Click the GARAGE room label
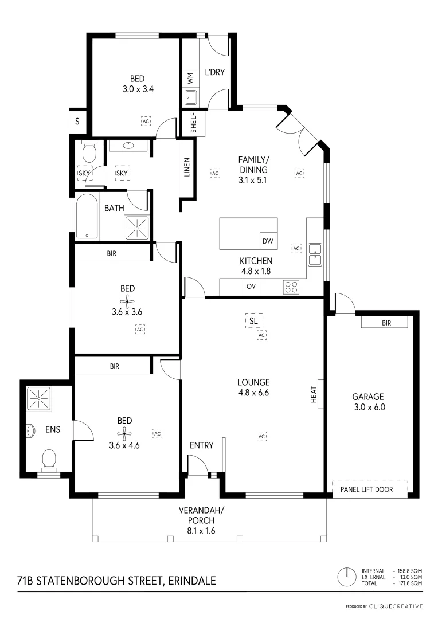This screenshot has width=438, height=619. tap(367, 397)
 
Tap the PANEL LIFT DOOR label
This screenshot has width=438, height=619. tap(370, 489)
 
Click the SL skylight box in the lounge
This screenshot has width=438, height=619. tap(253, 321)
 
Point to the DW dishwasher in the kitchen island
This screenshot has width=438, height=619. tap(268, 241)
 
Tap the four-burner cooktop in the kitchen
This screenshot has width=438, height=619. tap(291, 287)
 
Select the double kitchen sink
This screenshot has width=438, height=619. tap(314, 254)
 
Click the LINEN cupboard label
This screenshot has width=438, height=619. tap(187, 167)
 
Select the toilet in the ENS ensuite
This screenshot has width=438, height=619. tap(49, 459)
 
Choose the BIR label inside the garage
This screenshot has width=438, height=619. tap(386, 323)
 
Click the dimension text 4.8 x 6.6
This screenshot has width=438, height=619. tap(254, 393)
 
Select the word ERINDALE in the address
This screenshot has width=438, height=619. tap(193, 581)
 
